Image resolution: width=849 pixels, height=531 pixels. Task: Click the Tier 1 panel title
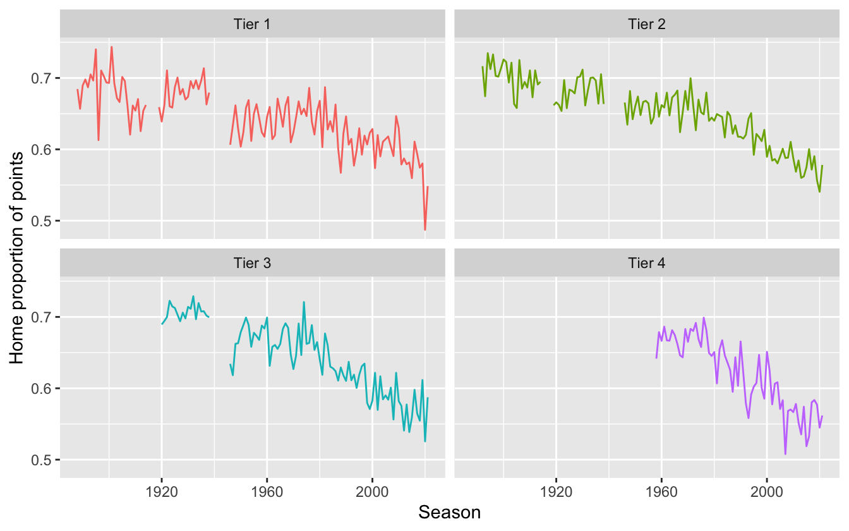253,25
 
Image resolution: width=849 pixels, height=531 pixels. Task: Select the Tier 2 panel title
647,25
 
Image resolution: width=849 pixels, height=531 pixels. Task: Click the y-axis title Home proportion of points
17,258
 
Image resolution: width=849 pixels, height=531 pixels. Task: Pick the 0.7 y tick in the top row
44,78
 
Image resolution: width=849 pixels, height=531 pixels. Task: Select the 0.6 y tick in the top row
44,150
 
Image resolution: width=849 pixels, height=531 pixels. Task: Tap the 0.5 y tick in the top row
44,221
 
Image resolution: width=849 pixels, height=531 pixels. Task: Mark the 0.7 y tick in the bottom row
44,317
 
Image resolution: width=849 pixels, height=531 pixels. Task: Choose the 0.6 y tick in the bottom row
44,388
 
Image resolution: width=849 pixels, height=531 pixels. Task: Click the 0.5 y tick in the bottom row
44,460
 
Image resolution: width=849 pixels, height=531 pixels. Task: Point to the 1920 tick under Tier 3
161,490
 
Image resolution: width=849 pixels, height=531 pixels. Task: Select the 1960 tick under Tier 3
267,490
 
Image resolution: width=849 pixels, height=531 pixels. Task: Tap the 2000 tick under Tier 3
372,490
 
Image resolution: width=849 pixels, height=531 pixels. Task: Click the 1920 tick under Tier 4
556,490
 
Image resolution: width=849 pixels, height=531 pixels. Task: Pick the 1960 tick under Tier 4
661,490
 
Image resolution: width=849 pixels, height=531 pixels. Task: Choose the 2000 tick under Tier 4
767,490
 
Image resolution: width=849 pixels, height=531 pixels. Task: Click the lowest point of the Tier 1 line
425,229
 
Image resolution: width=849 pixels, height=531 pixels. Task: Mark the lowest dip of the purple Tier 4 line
785,453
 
